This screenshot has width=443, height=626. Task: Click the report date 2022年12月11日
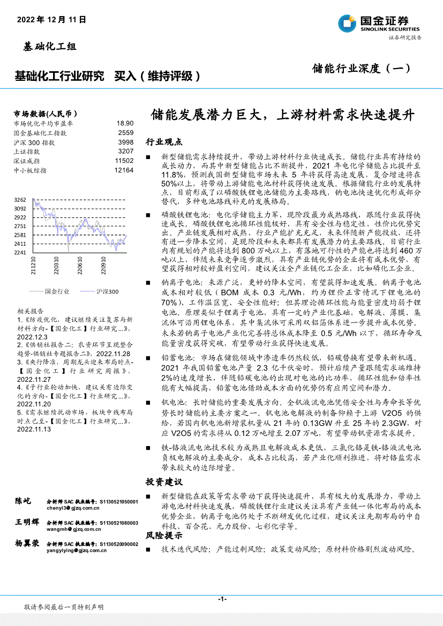pyautogui.click(x=51, y=19)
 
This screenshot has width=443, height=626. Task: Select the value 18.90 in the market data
pyautogui.click(x=125, y=123)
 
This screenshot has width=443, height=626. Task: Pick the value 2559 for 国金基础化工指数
pyautogui.click(x=125, y=133)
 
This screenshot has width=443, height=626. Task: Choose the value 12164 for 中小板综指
pyautogui.click(x=124, y=170)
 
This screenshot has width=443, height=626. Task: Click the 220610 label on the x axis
pyautogui.click(x=80, y=266)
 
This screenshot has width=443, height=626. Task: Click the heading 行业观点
pyautogui.click(x=164, y=142)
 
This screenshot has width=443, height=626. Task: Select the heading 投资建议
pyautogui.click(x=164, y=481)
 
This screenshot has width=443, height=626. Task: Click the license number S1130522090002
pyautogui.click(x=118, y=544)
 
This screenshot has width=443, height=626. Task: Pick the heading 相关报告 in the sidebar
pyautogui.click(x=28, y=311)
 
